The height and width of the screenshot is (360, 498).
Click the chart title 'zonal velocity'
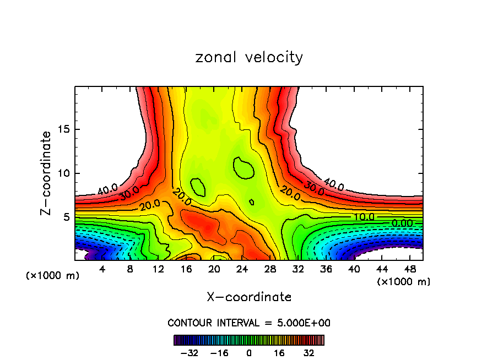tap(249, 57)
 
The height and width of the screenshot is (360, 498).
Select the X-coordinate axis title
tap(249, 297)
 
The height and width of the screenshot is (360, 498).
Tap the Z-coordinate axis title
tap(47, 173)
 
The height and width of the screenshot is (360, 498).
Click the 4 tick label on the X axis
tap(102, 270)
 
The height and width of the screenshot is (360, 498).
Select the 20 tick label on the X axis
tap(214, 270)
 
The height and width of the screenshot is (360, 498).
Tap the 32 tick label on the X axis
tap(299, 270)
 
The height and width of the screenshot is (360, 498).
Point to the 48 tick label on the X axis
tap(411, 270)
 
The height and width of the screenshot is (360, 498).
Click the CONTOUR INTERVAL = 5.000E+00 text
tap(249, 323)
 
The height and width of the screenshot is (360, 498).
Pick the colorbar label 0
tap(249, 353)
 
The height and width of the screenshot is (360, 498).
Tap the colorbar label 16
tap(279, 353)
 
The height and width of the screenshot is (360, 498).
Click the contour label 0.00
tap(402, 223)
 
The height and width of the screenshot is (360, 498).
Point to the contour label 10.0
tap(364, 217)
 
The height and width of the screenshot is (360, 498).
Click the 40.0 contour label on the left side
tap(107, 190)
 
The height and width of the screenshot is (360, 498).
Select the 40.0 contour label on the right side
tap(334, 186)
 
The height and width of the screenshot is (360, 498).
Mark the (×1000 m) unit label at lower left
tap(53, 276)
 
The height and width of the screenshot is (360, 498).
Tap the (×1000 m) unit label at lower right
tap(404, 282)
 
